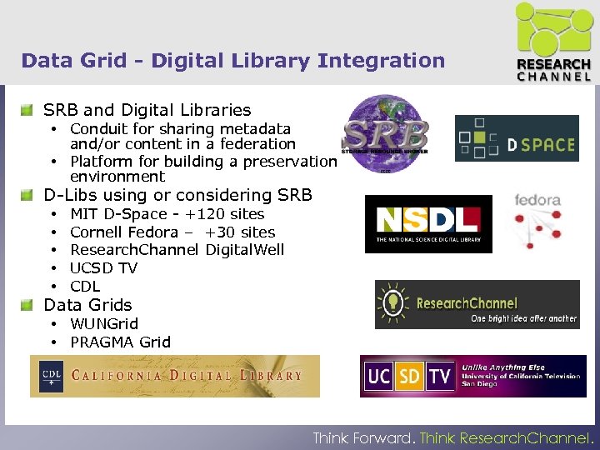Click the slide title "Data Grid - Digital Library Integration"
point(233,61)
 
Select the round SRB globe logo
point(387,133)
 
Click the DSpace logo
point(517,138)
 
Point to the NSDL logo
point(428,223)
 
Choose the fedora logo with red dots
point(537,221)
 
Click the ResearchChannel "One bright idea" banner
point(477,304)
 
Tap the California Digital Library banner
point(175,376)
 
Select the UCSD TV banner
point(472,376)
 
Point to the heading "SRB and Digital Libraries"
point(147,110)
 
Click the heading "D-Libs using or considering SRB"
point(177,195)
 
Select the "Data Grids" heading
point(87,305)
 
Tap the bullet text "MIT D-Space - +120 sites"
point(167,214)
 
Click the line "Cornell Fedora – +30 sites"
point(172,232)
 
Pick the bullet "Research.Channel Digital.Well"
point(177,250)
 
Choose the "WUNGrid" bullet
point(104,323)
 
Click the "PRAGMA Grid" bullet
point(120,342)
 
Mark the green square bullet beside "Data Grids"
point(28,305)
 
